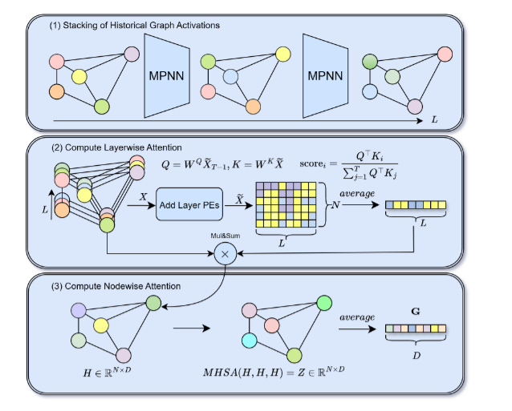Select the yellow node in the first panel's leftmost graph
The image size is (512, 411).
[79, 76]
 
